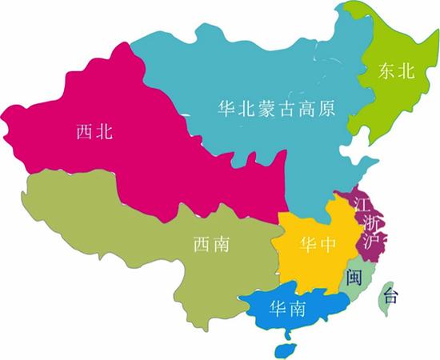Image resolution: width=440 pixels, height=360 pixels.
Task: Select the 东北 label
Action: pos(398,70)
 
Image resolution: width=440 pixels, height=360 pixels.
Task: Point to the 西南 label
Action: pos(211,244)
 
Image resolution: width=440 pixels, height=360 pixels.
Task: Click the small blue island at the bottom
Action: pos(282,350)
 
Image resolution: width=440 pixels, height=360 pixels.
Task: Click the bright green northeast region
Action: pos(392,96)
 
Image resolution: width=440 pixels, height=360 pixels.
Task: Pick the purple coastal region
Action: pos(352,216)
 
